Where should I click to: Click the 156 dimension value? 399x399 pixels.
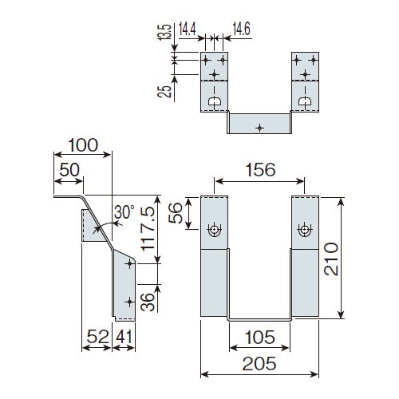260,170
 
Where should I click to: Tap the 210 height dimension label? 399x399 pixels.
331,259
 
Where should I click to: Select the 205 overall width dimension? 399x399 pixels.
259,364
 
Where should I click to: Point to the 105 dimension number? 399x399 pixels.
259,337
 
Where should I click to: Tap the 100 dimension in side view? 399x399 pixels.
83,145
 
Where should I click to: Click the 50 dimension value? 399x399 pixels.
69,170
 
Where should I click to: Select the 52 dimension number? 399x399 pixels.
97,337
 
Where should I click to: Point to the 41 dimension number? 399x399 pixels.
124,337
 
